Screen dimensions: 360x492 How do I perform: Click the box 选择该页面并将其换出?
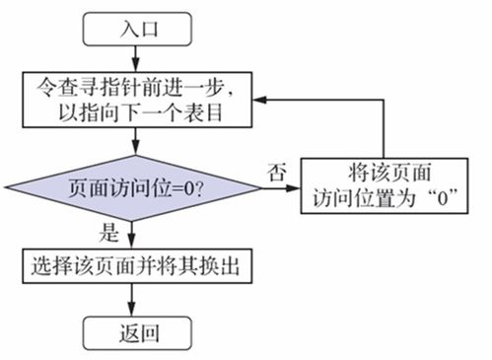point(132,265)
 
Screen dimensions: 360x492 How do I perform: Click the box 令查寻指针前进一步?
point(132,100)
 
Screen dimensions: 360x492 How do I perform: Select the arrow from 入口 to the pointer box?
point(132,59)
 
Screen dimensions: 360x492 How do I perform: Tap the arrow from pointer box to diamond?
point(132,143)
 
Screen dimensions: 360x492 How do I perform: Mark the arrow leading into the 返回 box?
point(132,300)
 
